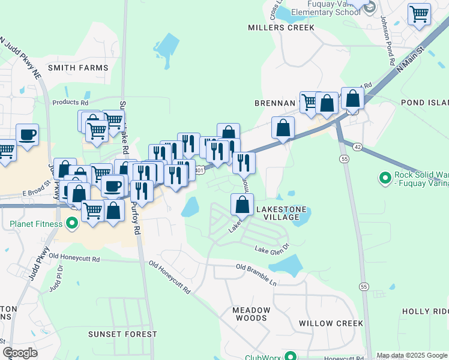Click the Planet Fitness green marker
[72, 224]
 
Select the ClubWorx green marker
[290, 355]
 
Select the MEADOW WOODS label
[252, 314]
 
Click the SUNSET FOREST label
[122, 334]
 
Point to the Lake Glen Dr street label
[272, 247]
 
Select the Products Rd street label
[70, 103]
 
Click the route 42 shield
[357, 146]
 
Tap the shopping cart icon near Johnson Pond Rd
[419, 14]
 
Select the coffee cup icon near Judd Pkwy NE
[27, 134]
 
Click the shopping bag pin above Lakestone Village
[242, 205]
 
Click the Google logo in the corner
[20, 353]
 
